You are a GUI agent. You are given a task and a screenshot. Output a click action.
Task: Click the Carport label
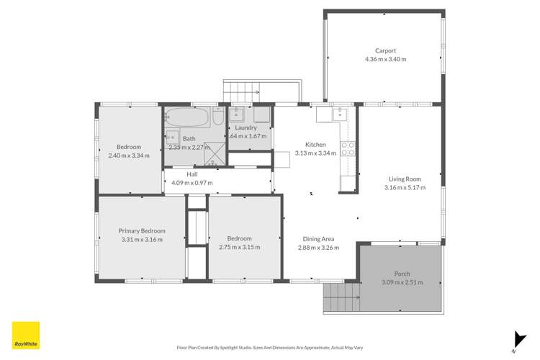385,50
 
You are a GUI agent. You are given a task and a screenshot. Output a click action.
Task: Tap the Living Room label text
404,179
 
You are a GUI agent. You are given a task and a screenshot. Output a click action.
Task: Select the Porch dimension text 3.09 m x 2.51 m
402,282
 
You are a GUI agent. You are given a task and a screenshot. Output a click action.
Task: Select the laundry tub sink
239,114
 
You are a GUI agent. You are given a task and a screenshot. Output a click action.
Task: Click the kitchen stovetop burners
348,148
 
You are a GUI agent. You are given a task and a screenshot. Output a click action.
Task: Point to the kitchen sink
340,113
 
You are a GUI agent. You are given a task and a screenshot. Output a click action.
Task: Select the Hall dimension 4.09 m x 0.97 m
192,183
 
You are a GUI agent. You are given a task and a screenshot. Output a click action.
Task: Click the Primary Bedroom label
142,231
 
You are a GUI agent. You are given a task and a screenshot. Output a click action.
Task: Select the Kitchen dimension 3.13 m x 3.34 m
315,153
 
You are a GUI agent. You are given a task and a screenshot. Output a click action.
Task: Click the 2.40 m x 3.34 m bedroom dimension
129,155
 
